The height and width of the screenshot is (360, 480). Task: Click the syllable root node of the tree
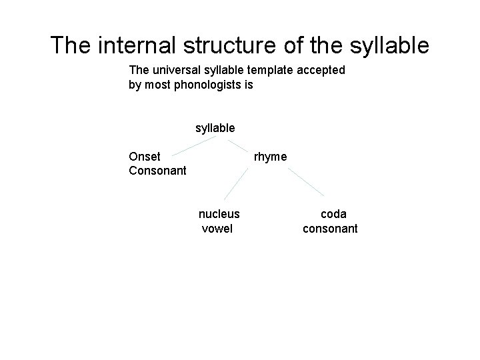tap(215, 128)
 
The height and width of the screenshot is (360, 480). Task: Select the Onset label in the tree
tap(145, 157)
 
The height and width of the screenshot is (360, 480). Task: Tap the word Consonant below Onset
tap(157, 171)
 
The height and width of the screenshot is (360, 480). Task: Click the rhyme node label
tap(271, 157)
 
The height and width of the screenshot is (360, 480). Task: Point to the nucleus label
tap(219, 214)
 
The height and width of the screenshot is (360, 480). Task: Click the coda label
tap(333, 214)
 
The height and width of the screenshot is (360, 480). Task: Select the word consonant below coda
tap(330, 229)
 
